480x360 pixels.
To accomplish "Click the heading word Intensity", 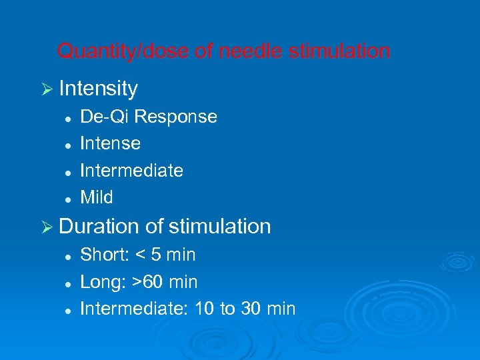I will coord(98,89).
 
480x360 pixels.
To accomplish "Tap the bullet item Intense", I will coord(110,143).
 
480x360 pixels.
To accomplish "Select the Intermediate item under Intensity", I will coord(131,171).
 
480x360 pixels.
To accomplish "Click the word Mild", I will coord(97,197).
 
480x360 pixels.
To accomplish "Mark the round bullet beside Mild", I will coord(68,198).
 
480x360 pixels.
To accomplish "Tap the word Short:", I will coord(105,255).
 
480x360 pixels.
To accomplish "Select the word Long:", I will coord(104,282).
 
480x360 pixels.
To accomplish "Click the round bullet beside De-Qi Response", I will coord(68,117).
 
